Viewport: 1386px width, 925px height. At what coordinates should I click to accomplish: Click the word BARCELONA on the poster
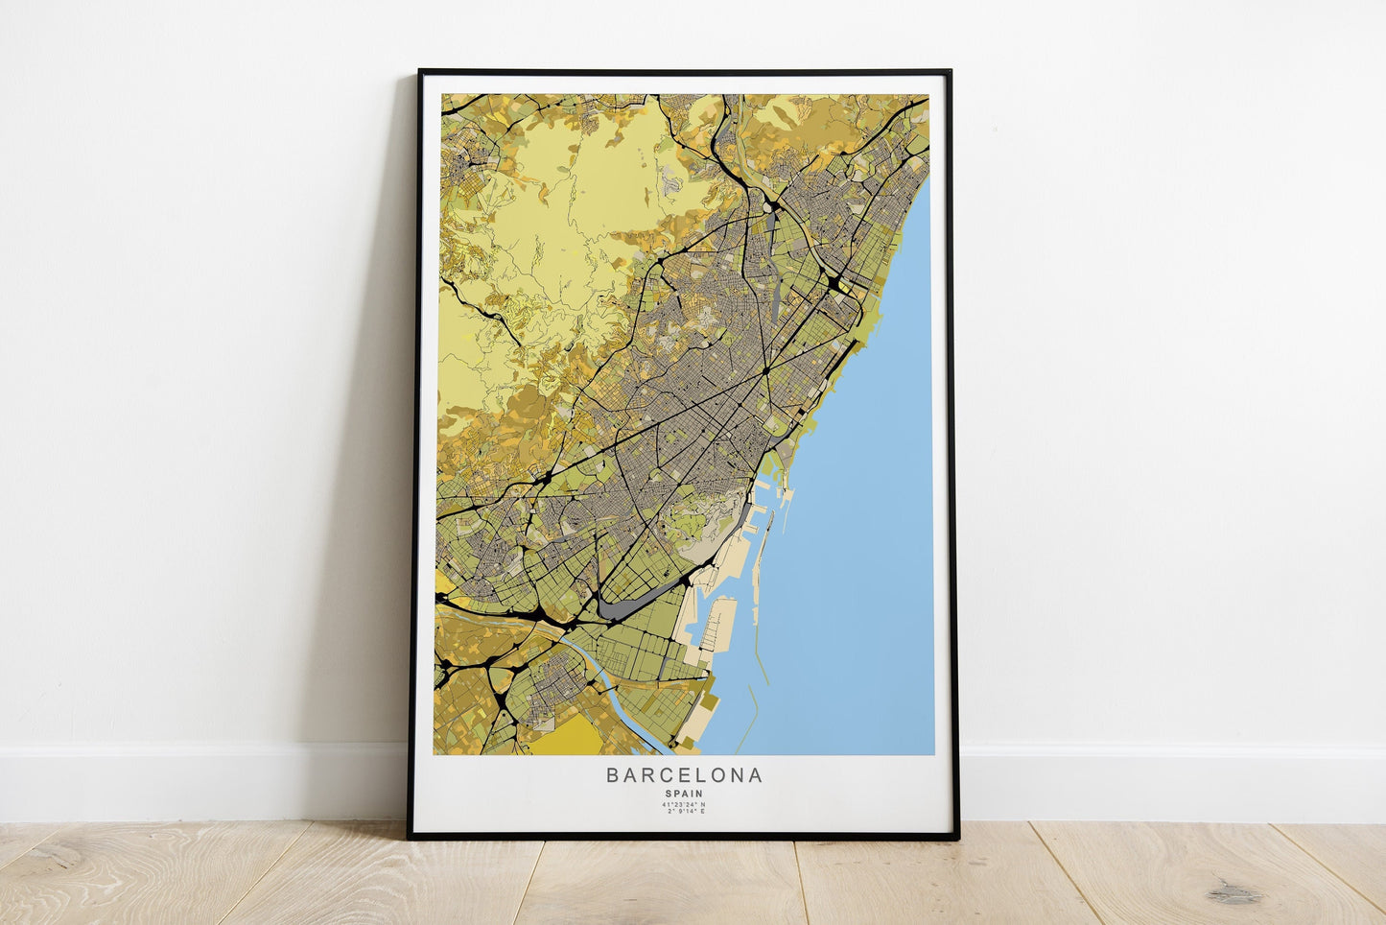tap(684, 775)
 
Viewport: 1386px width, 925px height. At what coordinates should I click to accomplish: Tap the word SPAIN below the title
tap(684, 794)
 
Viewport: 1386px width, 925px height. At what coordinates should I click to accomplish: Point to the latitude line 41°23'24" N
tap(684, 804)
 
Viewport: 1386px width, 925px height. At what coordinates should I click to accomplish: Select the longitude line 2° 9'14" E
tap(684, 812)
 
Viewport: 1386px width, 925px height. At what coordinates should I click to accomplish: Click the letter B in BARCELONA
tap(612, 775)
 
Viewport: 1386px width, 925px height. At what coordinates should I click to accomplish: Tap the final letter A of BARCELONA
tap(757, 775)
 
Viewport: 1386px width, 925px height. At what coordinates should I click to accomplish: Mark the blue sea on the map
tap(854, 537)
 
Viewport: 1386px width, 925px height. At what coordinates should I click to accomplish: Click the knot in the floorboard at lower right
tap(1233, 893)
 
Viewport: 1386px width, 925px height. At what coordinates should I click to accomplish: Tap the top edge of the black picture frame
tap(684, 72)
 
